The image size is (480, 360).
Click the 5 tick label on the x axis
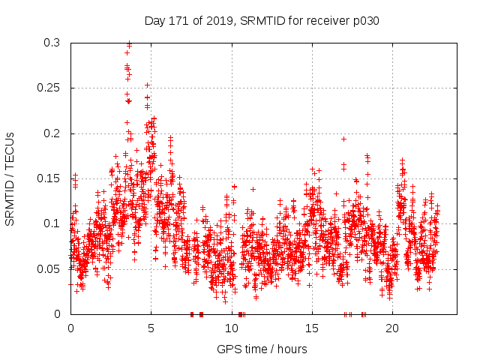[151, 328]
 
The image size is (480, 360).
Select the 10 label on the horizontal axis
[231, 328]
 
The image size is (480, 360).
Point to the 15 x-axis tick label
[311, 328]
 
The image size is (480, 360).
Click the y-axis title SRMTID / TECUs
[10, 178]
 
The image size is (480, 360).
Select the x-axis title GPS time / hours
[263, 349]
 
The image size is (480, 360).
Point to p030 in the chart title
[365, 21]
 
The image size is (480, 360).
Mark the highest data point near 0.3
[129, 43]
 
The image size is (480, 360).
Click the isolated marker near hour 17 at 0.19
[343, 139]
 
